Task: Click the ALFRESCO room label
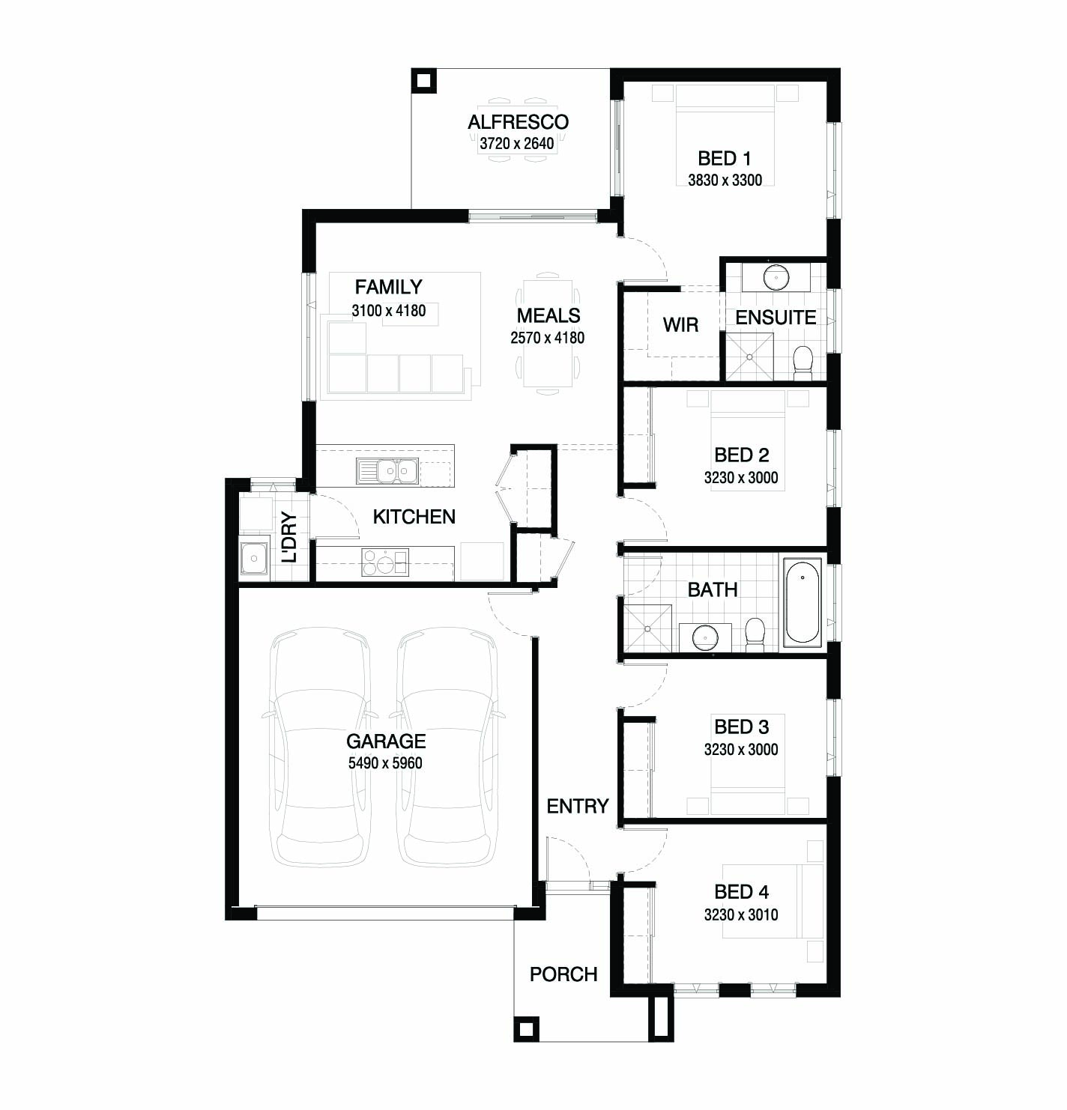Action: coord(518,122)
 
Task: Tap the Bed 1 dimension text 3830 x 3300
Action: coord(725,181)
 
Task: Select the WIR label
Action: coord(680,325)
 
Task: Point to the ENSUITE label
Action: coord(776,318)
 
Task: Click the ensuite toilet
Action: coord(802,363)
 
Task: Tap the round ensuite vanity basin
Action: coord(776,277)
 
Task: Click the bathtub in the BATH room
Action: coord(802,602)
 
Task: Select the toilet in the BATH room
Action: coord(755,634)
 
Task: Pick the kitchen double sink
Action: coord(387,471)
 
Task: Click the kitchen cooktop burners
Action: coord(385,562)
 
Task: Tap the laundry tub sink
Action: coord(254,557)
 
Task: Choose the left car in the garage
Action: coord(320,747)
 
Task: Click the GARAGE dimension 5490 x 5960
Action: coord(385,763)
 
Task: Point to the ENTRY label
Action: coord(578,806)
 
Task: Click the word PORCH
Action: coord(563,974)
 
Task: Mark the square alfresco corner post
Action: coord(423,80)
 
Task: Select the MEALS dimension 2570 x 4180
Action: coord(547,339)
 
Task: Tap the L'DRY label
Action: coord(289,537)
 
